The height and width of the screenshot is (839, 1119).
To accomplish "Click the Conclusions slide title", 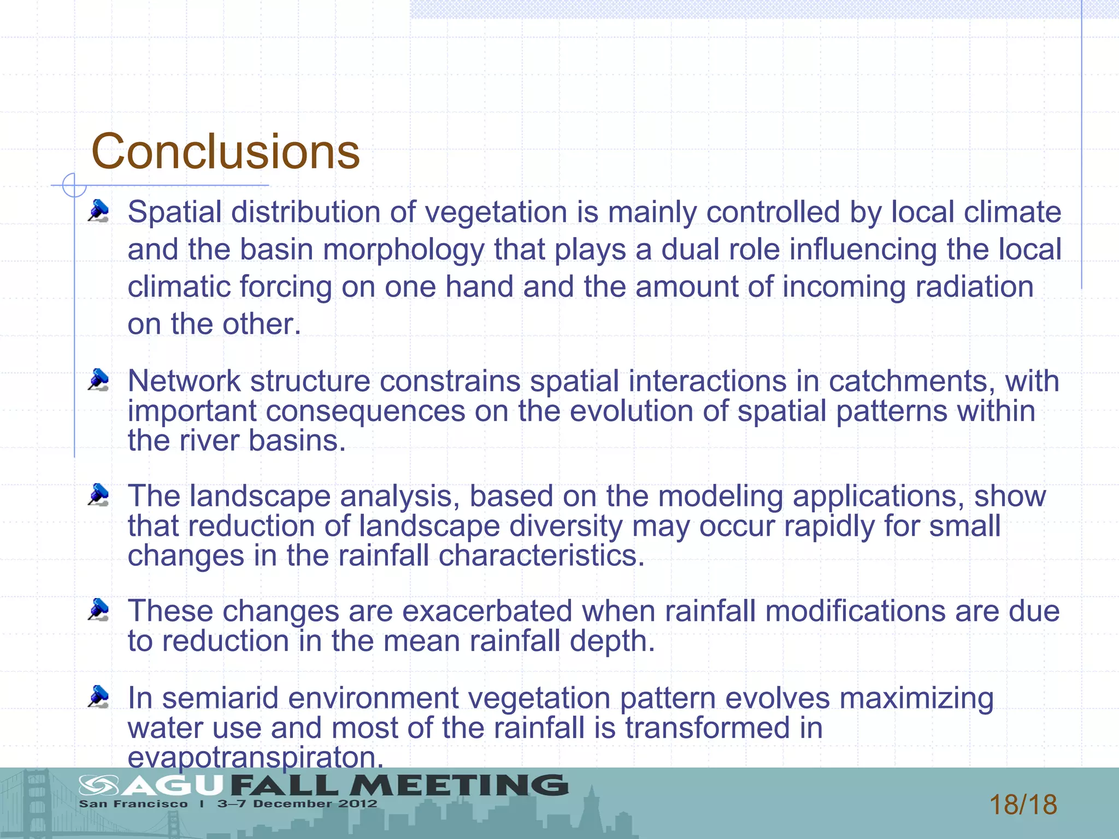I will click(225, 151).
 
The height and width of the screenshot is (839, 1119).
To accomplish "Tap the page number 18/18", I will click(1023, 805).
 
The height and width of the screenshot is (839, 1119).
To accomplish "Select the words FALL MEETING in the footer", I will click(399, 785).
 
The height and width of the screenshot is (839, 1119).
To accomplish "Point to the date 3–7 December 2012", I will click(297, 804).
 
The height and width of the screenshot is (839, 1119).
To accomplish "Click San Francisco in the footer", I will click(133, 804).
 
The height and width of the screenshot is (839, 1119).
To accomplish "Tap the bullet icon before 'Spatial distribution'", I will click(99, 211).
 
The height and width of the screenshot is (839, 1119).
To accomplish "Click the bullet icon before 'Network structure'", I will click(99, 380).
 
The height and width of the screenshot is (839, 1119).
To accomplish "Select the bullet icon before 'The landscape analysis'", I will click(99, 495).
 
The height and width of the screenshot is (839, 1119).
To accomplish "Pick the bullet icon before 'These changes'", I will click(99, 610).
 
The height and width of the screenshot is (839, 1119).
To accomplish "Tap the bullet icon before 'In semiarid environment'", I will click(99, 697).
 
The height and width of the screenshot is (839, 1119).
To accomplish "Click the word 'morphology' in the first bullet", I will click(404, 250).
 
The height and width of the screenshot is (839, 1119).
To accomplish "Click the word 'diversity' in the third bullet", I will click(566, 526).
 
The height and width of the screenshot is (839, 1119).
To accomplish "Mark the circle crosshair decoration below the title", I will click(74, 185).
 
